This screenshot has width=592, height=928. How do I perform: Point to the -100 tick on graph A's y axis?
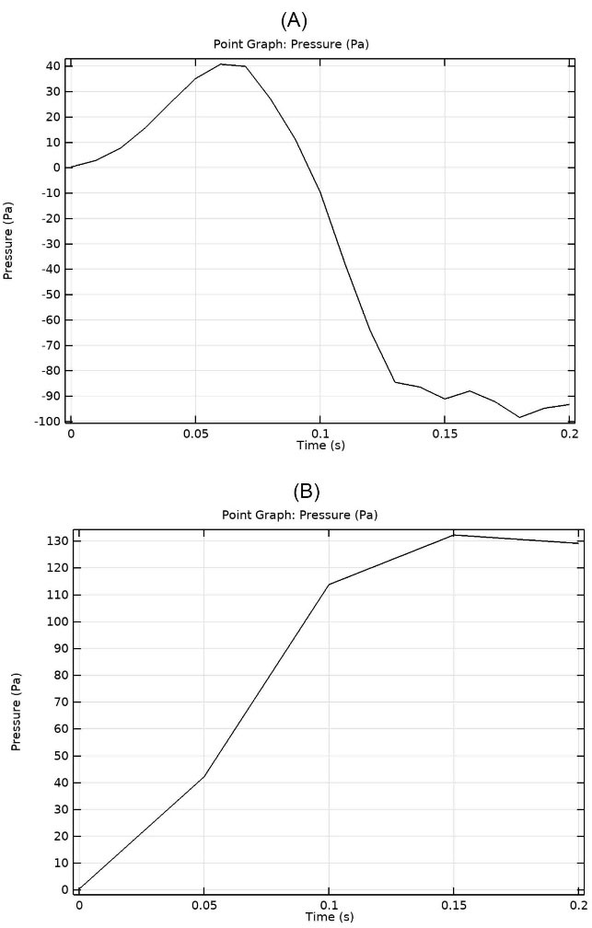tap(48, 422)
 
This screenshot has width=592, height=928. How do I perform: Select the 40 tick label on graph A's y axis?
tap(54, 66)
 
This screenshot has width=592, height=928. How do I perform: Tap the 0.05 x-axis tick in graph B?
tap(203, 906)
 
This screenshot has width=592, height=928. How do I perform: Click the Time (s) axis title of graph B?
tap(329, 917)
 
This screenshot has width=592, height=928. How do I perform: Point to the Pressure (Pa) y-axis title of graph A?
tap(8, 243)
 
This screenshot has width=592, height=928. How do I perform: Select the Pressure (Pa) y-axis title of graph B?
tap(16, 712)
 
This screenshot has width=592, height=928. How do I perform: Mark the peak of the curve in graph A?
tap(221, 64)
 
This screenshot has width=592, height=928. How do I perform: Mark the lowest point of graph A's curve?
tap(519, 417)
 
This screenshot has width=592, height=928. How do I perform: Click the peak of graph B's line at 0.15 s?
tap(453, 535)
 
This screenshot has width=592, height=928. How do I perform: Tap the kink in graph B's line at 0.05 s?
tap(203, 776)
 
